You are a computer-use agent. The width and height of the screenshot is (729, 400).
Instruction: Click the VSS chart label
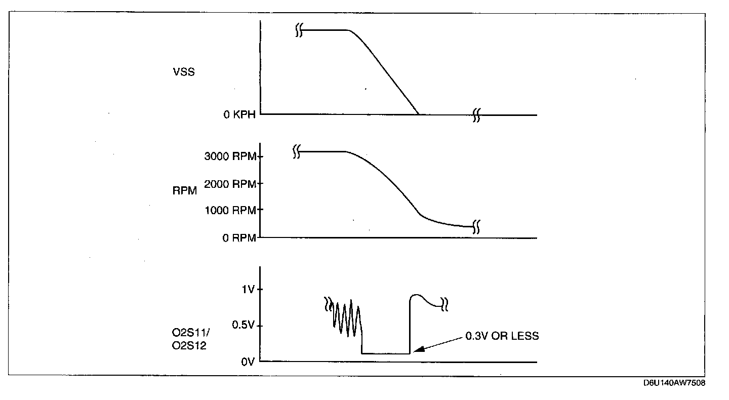[184, 72]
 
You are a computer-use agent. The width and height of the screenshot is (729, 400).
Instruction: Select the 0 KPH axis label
[239, 114]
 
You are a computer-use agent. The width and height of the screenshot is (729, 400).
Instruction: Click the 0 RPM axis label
[239, 238]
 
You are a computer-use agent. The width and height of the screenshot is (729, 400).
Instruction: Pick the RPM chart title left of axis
[185, 192]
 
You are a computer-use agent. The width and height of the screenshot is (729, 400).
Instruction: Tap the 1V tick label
[248, 290]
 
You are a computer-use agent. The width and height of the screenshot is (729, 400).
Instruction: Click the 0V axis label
[247, 362]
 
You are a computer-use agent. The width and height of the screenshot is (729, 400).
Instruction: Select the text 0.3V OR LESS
[502, 336]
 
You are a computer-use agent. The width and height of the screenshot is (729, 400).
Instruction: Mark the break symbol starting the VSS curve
[299, 31]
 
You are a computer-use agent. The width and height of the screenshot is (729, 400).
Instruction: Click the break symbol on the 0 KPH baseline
[476, 115]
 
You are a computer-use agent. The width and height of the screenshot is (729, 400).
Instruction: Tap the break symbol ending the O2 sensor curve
[444, 304]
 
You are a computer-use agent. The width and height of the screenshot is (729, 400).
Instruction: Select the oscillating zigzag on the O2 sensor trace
[347, 319]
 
